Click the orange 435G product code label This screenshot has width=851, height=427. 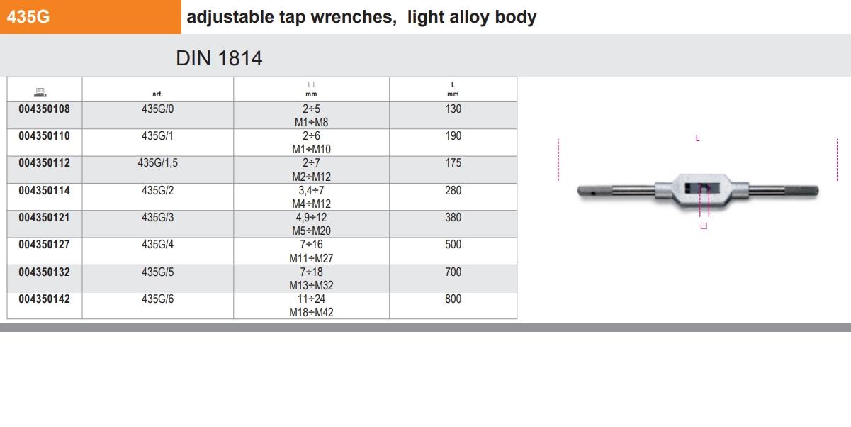[28, 17]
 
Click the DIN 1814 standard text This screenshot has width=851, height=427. [219, 58]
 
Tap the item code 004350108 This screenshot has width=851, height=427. [44, 109]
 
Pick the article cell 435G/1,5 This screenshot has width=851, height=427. [158, 163]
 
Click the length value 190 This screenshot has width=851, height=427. [453, 135]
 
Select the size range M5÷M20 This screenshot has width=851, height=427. [311, 231]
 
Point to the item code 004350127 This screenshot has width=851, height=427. [44, 245]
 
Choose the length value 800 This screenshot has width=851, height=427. [453, 299]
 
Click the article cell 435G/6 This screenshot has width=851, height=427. [158, 299]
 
